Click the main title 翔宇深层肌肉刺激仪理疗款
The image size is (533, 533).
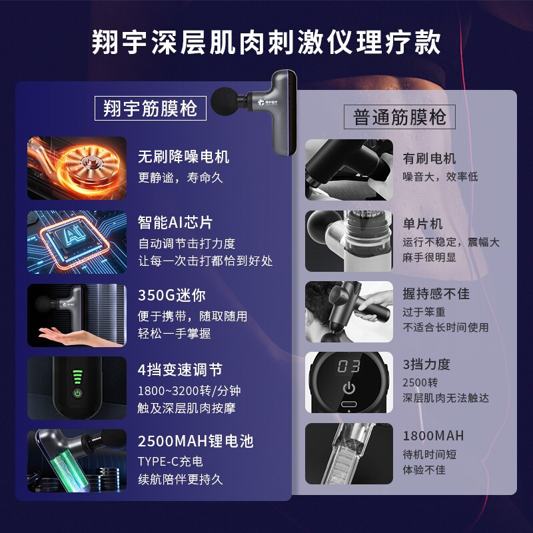pyautogui.click(x=266, y=42)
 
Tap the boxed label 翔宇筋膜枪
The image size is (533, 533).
pyautogui.click(x=151, y=108)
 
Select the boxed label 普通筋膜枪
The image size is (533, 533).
pyautogui.click(x=399, y=117)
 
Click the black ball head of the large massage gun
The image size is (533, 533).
pyautogui.click(x=225, y=101)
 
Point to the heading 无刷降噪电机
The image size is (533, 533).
pyautogui.click(x=184, y=157)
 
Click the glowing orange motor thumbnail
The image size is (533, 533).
pyautogui.click(x=77, y=168)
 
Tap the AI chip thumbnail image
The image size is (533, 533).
pyautogui.click(x=77, y=242)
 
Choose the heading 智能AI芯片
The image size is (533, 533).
pyautogui.click(x=175, y=223)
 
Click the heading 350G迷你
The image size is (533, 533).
pyautogui.click(x=172, y=295)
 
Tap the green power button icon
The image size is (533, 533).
pyautogui.click(x=78, y=394)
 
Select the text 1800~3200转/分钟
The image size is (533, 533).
pyautogui.click(x=189, y=390)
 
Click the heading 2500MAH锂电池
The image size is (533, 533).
pyautogui.click(x=196, y=441)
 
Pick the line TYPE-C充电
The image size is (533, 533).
pyautogui.click(x=171, y=461)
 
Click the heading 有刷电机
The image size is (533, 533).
pyautogui.click(x=429, y=159)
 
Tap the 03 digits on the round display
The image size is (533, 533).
pyautogui.click(x=348, y=366)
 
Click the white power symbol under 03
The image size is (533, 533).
pyautogui.click(x=348, y=388)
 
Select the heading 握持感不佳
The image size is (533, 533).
pyautogui.click(x=436, y=294)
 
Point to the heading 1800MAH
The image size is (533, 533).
pyautogui.click(x=433, y=436)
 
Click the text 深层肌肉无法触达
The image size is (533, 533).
pyautogui.click(x=446, y=398)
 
